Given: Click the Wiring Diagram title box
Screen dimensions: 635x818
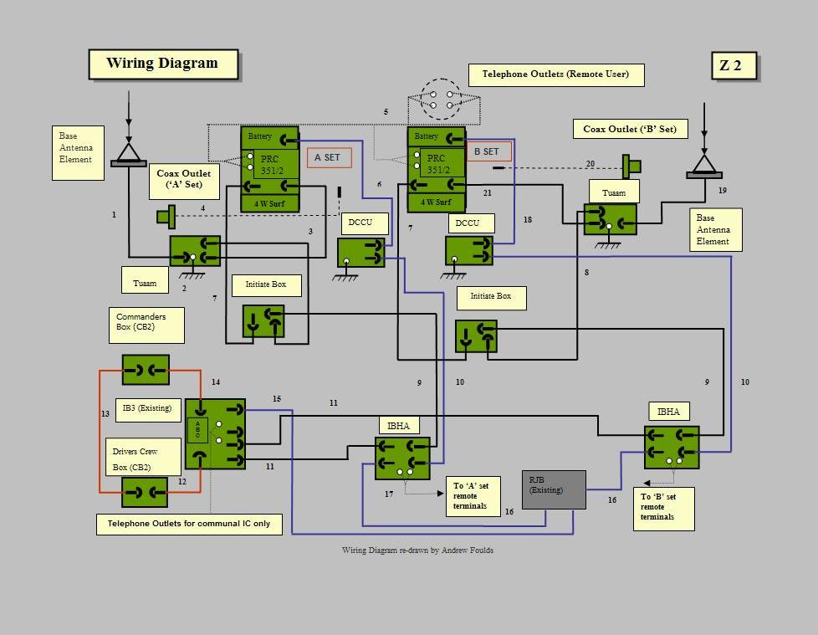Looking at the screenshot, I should click(x=163, y=64).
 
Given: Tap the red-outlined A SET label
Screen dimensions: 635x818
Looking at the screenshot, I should click(x=329, y=157).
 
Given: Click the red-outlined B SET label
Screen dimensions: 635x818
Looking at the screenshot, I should click(x=488, y=151).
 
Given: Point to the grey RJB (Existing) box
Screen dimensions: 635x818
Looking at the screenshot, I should click(x=554, y=489).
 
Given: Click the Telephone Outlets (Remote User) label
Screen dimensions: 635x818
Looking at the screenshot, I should click(x=556, y=74).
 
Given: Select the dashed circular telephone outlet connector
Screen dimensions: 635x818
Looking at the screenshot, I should click(x=441, y=99).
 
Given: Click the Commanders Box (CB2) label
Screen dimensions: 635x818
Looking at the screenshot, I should click(x=146, y=325).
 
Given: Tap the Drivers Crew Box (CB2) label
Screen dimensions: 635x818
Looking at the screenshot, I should click(x=143, y=458).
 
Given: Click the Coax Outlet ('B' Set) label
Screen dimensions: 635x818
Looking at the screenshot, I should click(x=630, y=129).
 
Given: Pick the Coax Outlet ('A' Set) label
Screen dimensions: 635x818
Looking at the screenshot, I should click(x=183, y=180).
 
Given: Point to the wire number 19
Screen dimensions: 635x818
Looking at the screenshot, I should click(x=723, y=191).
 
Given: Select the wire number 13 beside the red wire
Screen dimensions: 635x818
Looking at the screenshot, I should click(x=105, y=413).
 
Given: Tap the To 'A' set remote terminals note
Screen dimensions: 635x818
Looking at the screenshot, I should click(x=472, y=495).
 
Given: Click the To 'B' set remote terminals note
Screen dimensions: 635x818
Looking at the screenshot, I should click(x=664, y=507).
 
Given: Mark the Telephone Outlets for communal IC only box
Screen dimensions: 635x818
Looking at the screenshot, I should click(x=190, y=525).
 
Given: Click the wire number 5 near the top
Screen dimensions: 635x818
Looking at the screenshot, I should click(x=386, y=111).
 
